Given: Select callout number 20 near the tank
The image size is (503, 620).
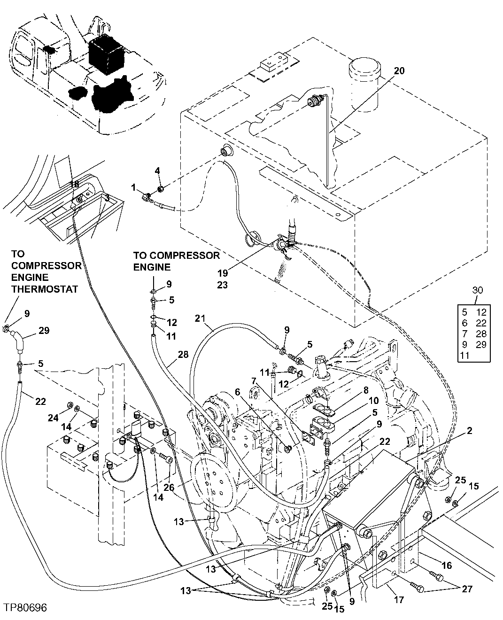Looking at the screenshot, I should (x=399, y=71).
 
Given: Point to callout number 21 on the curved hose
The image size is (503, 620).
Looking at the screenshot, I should (x=201, y=319).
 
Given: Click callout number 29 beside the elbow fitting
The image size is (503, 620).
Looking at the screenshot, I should (x=44, y=331).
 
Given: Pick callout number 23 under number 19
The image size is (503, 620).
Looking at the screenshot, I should (x=223, y=285).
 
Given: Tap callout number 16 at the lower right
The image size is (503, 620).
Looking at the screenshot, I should (x=447, y=566).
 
